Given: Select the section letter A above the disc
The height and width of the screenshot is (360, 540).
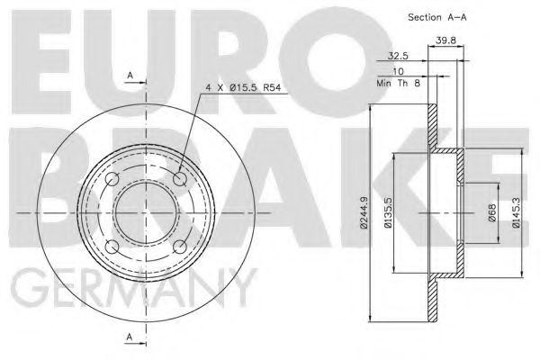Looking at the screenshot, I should (130, 74).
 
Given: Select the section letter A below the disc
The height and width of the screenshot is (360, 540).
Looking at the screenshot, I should (130, 338).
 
